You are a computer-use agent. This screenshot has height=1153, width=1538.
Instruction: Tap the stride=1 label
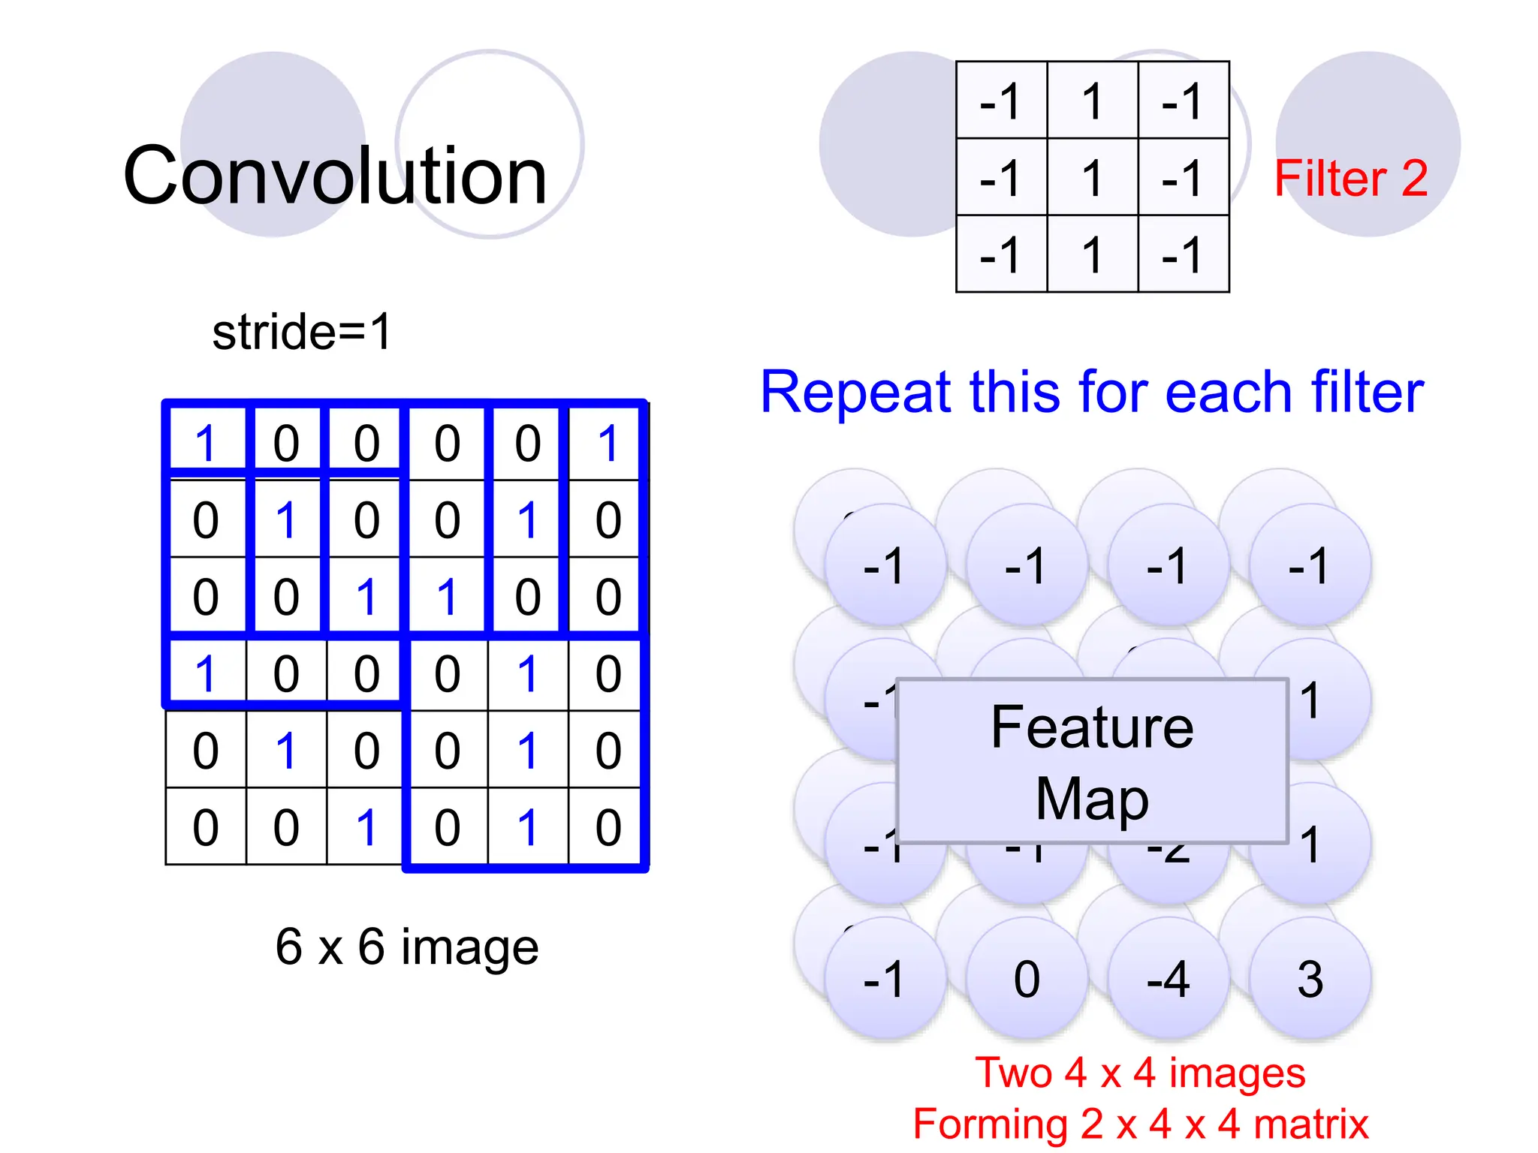[302, 332]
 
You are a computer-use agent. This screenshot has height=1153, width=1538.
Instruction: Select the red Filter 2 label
[1351, 179]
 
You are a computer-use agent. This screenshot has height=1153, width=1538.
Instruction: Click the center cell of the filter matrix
[1092, 177]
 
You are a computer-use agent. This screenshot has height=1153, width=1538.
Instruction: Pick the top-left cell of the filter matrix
[1001, 101]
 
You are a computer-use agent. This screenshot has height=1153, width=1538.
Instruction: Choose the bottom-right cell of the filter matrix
[1183, 254]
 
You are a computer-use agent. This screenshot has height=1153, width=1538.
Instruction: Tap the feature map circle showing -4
[1169, 979]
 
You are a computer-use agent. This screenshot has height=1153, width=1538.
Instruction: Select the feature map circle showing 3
[1310, 979]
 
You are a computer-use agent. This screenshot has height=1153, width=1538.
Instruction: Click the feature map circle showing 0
[1027, 979]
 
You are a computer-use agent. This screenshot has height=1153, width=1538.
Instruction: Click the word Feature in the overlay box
[1092, 727]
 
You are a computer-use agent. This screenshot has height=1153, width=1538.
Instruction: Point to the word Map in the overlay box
[1092, 799]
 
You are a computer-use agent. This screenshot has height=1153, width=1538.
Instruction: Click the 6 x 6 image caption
[407, 947]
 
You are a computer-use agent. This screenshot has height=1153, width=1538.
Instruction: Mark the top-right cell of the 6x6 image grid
[608, 443]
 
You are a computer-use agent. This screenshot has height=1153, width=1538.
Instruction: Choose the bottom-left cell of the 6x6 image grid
[206, 826]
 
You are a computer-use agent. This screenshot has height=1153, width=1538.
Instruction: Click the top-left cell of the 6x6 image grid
[206, 443]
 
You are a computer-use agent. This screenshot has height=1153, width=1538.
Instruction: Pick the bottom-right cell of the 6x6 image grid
[608, 826]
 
